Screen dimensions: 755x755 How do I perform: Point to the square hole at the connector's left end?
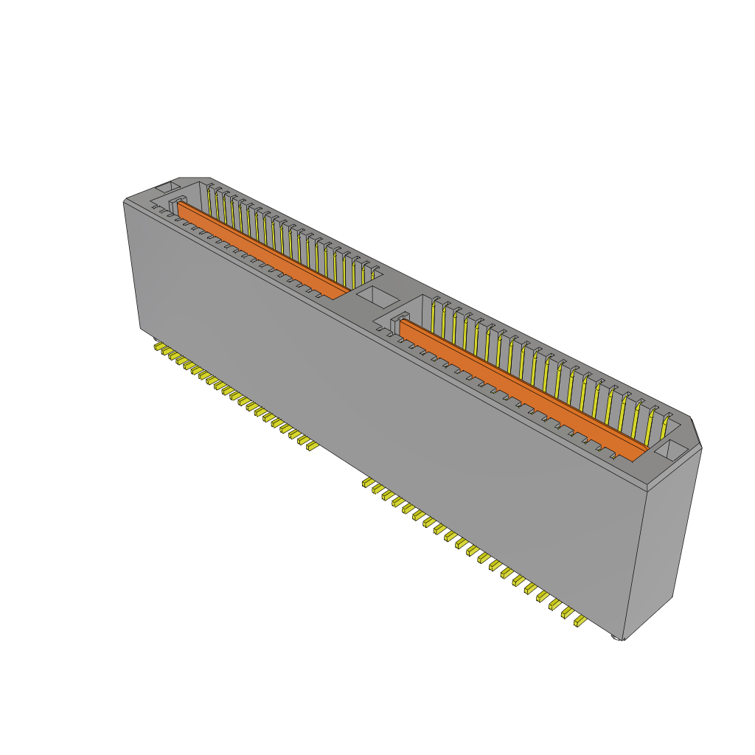[x=167, y=188]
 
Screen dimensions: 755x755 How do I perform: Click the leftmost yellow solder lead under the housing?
[x=158, y=345]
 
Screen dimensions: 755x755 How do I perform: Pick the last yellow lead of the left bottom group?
[x=312, y=445]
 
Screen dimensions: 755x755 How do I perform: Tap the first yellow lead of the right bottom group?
[x=365, y=483]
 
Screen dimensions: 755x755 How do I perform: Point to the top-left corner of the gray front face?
[x=124, y=203]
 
